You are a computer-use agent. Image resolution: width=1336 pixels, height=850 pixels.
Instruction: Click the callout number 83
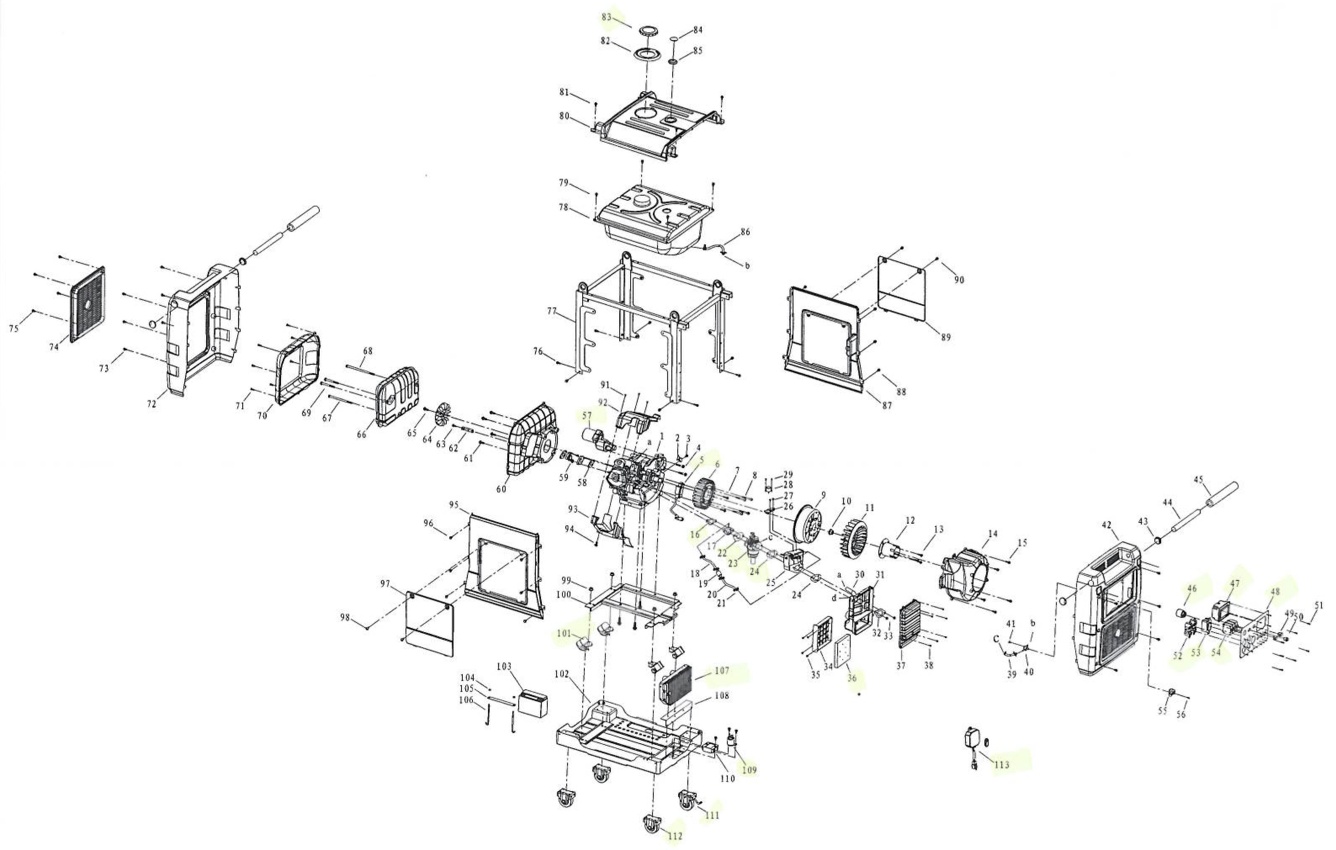pos(607,17)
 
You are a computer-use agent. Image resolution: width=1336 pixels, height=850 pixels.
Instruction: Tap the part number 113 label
pos(1002,765)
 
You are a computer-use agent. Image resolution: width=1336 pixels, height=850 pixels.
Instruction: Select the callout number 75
pos(14,328)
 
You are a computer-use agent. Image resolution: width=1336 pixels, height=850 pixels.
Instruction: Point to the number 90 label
pos(959,280)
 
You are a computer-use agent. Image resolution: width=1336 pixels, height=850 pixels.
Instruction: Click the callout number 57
pos(586,415)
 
